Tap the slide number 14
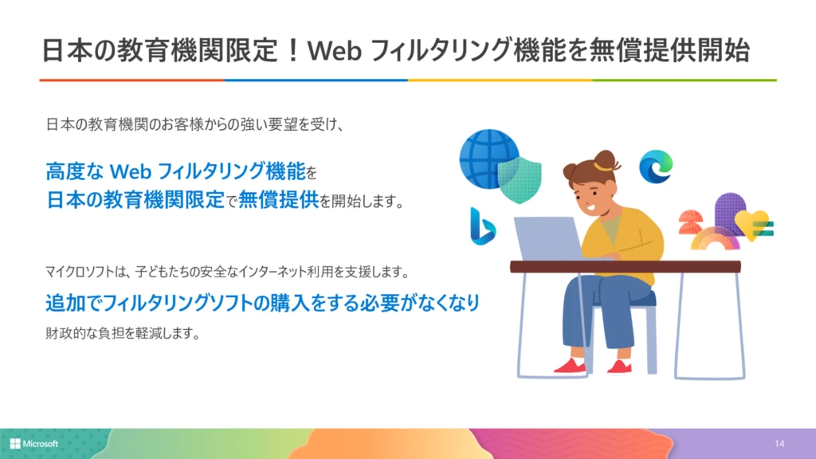click(779, 443)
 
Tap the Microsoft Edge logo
click(655, 166)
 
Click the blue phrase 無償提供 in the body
click(278, 200)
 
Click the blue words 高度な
click(73, 170)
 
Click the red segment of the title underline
click(131, 80)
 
